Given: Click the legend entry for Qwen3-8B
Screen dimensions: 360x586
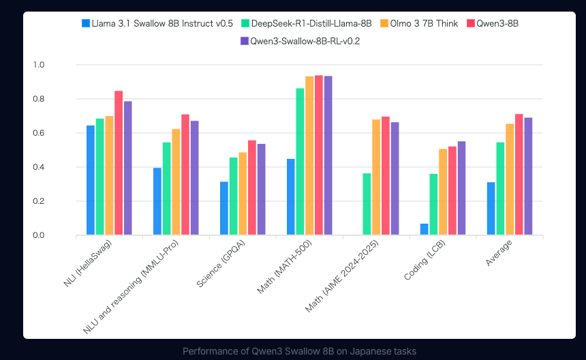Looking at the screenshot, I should click(x=493, y=23).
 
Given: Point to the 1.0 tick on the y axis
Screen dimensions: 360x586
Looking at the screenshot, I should click(x=38, y=65).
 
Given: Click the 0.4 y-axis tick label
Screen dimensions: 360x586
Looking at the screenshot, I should click(x=38, y=167).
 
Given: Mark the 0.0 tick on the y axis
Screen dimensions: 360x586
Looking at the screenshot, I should click(x=38, y=235).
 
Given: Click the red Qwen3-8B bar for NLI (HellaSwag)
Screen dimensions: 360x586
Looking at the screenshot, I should click(x=119, y=163).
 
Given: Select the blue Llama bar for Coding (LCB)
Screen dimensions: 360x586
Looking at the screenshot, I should click(x=424, y=229).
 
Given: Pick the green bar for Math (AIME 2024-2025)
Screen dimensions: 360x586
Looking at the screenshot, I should click(x=367, y=204).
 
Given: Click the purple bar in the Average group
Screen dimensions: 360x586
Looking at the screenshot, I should click(x=528, y=177).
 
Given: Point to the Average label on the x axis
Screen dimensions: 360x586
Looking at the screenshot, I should click(x=499, y=253).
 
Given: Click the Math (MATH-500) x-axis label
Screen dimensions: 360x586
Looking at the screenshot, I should click(x=284, y=267).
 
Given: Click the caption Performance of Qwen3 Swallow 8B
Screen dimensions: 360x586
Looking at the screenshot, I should click(x=299, y=351).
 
